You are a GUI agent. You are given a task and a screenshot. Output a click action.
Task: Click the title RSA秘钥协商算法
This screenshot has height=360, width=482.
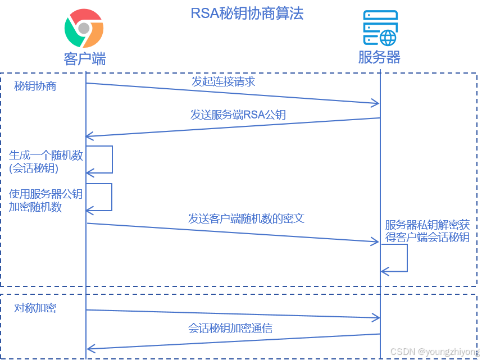247,13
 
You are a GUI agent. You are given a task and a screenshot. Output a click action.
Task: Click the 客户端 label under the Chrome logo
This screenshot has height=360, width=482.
84,58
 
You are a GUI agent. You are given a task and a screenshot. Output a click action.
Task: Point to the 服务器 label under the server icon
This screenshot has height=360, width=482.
379,58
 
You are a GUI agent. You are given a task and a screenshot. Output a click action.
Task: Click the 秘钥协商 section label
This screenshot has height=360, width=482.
35,86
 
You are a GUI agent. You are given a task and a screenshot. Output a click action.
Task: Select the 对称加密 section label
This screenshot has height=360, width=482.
35,308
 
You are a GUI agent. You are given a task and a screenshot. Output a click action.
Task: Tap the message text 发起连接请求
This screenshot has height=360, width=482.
224,82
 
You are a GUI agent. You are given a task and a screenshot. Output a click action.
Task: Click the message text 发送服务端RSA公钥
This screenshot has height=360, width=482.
238,115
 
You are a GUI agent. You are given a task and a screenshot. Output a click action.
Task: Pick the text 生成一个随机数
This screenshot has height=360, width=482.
46,156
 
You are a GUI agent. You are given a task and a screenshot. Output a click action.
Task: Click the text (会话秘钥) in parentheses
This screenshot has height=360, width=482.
34,168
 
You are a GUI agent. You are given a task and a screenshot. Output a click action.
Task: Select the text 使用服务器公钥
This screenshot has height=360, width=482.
46,194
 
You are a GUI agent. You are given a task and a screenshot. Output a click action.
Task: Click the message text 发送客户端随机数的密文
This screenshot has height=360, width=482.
246,218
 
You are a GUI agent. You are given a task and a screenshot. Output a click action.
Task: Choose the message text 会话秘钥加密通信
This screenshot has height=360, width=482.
230,328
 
